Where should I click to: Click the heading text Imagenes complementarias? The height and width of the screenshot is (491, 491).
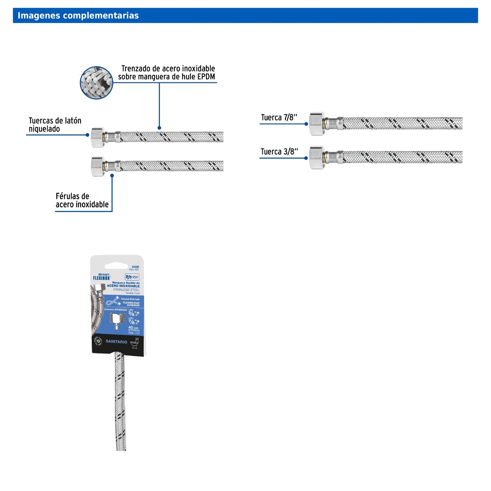[78, 16]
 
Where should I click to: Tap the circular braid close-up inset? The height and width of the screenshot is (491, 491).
[97, 83]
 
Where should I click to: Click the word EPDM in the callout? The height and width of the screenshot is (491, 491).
[206, 77]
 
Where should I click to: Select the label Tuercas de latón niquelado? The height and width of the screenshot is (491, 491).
[55, 125]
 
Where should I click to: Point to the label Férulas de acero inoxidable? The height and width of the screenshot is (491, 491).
[82, 200]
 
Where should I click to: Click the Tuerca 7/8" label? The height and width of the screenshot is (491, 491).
[279, 118]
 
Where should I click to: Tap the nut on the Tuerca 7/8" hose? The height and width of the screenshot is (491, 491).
[317, 123]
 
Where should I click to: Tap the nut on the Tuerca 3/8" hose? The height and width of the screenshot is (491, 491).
[317, 157]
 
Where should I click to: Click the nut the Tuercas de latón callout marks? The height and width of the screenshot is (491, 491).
[98, 137]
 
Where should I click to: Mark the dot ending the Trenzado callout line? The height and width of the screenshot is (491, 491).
[159, 128]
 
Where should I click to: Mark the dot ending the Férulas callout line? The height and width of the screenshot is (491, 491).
[112, 176]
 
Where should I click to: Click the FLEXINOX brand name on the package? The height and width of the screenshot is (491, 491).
[102, 278]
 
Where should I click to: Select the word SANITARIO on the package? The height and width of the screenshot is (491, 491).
[116, 341]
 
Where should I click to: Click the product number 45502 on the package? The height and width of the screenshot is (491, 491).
[135, 267]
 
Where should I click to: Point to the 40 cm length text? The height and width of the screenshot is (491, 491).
[133, 328]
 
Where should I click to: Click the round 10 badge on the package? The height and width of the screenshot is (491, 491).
[98, 341]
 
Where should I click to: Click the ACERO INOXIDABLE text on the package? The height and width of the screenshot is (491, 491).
[123, 286]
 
